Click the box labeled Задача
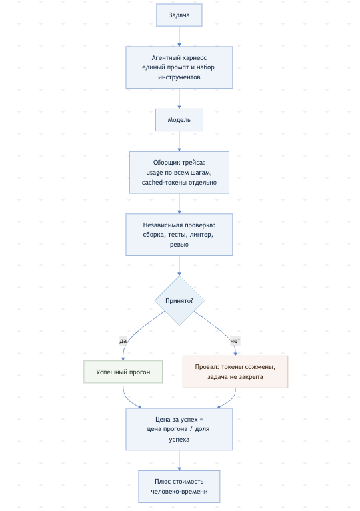(x=179, y=15)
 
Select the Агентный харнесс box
(x=179, y=67)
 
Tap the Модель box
(x=179, y=120)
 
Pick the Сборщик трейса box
(x=179, y=172)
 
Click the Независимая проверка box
(x=179, y=235)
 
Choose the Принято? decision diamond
(x=179, y=300)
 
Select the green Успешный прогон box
(x=123, y=372)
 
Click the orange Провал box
(x=235, y=372)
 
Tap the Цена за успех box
(x=179, y=429)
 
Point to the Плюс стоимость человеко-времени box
(x=179, y=486)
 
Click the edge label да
(x=123, y=341)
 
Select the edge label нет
(x=235, y=341)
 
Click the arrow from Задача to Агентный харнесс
(x=179, y=36)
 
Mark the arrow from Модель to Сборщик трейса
(x=179, y=141)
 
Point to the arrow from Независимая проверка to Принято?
(x=179, y=266)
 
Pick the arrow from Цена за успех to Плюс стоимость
(x=179, y=460)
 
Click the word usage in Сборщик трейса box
(x=154, y=173)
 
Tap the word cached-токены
(x=164, y=182)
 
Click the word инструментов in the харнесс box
(x=179, y=77)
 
